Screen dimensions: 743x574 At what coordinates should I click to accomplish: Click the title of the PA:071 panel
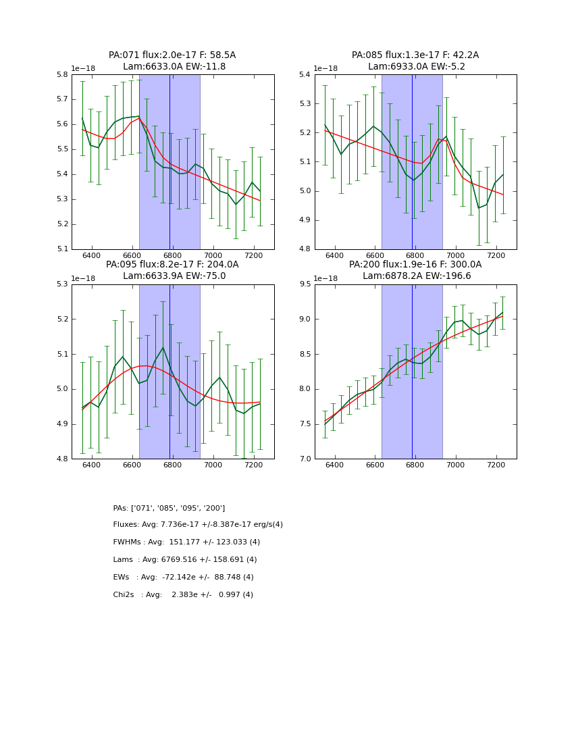[172, 61]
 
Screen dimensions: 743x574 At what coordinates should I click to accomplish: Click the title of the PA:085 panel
[415, 61]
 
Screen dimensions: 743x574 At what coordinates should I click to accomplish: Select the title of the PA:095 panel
[172, 270]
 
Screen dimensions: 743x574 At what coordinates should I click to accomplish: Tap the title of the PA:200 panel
[415, 270]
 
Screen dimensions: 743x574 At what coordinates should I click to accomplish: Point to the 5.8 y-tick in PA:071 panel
[61, 74]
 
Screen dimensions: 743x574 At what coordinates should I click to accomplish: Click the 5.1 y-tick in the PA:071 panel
[61, 249]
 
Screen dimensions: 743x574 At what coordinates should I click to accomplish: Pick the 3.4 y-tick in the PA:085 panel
[304, 74]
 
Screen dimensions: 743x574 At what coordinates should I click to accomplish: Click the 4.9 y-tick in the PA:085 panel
[304, 220]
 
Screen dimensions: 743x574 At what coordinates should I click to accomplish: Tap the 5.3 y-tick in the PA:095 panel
[61, 284]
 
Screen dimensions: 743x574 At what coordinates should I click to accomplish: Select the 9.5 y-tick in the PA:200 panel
[304, 284]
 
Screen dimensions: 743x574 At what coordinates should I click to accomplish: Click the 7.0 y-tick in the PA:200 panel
[304, 459]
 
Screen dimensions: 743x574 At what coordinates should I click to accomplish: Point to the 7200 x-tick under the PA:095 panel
[253, 465]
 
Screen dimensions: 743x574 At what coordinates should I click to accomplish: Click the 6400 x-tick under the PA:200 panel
[334, 465]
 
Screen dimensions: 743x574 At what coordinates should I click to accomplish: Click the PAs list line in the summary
[169, 508]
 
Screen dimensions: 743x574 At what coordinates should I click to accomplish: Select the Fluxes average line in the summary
[198, 525]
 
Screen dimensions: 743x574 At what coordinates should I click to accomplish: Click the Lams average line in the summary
[185, 560]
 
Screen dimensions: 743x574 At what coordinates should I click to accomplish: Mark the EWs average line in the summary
[183, 578]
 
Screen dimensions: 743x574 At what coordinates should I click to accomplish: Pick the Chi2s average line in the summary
[183, 595]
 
